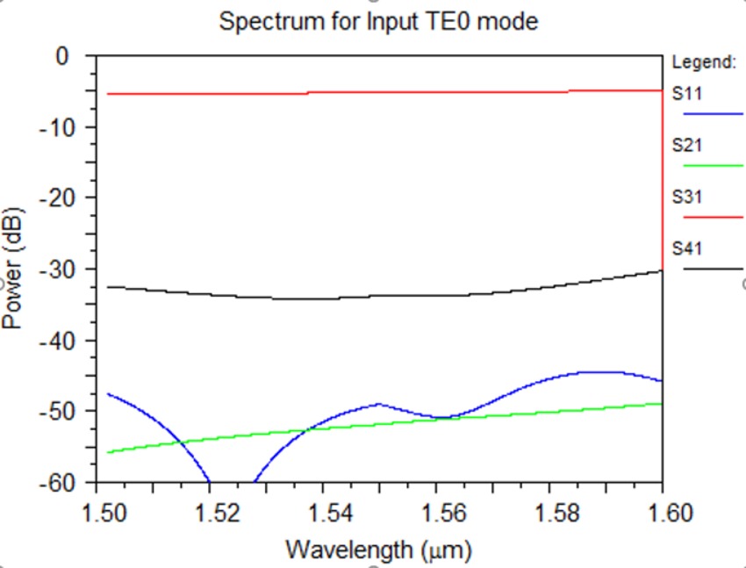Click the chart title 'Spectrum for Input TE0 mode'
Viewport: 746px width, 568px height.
click(x=378, y=21)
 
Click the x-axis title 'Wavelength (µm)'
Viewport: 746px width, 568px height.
click(x=378, y=550)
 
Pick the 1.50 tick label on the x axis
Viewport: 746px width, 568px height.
click(x=97, y=512)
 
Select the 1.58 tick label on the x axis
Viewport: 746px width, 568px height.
click(x=549, y=512)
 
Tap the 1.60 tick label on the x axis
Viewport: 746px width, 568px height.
click(x=662, y=512)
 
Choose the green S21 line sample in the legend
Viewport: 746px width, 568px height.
click(x=713, y=165)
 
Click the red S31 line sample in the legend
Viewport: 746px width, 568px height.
click(x=713, y=217)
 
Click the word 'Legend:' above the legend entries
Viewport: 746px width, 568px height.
click(x=703, y=62)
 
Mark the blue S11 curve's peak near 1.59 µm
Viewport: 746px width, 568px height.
click(x=606, y=371)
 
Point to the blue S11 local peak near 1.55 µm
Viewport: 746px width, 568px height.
click(x=379, y=404)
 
